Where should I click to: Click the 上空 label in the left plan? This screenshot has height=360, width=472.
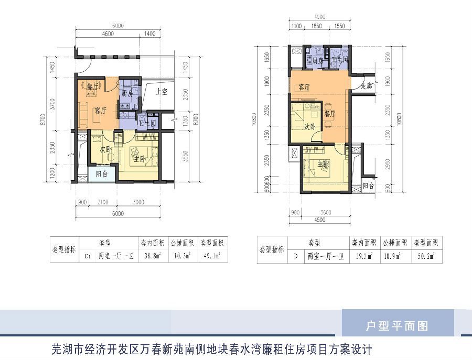point(162,91)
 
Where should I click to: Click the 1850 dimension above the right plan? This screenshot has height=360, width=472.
point(316,25)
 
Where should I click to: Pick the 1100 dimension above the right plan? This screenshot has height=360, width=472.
point(296,25)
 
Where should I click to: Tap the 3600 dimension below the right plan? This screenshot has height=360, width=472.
point(326,213)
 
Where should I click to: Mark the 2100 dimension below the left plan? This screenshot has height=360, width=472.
point(103,202)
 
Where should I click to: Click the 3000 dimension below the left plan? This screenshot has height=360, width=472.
point(138,202)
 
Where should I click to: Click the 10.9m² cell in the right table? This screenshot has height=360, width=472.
point(392,256)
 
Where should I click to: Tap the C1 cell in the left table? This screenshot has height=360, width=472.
point(88,257)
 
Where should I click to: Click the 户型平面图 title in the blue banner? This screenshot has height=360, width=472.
point(397,326)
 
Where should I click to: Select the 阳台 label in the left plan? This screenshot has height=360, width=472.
point(101,173)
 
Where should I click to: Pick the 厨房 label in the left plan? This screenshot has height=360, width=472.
point(127,94)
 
